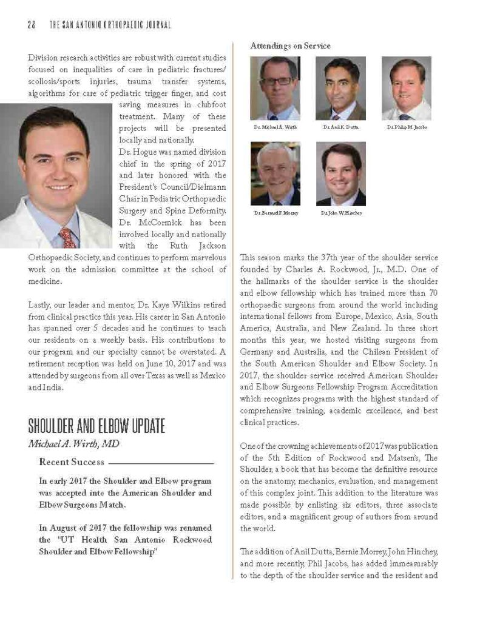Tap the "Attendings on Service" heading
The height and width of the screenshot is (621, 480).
291,45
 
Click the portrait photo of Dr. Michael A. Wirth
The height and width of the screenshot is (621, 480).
275,89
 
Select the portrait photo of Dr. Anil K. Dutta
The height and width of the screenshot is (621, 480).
340,89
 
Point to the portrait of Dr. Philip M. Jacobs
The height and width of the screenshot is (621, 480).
406,89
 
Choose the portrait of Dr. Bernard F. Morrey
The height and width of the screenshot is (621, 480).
275,173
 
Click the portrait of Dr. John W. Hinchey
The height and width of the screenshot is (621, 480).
340,173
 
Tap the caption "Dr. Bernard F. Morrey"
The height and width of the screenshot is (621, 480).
276,213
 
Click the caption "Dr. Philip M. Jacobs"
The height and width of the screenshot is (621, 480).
406,128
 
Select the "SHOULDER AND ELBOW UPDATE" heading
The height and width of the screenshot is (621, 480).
96,426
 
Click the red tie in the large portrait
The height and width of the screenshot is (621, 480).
66,237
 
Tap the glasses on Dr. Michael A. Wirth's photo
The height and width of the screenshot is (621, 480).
275,80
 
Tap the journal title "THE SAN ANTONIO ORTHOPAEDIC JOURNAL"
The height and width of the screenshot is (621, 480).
109,25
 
